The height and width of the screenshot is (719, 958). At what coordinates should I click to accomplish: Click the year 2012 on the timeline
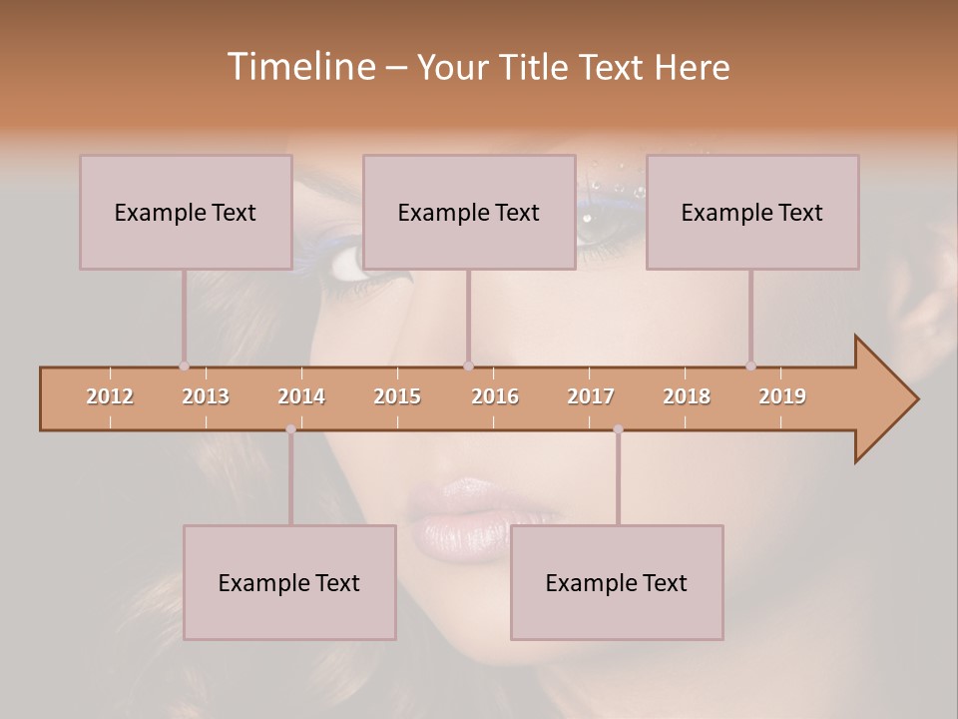tap(110, 396)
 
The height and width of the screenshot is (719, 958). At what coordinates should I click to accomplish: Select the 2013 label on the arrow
tap(206, 396)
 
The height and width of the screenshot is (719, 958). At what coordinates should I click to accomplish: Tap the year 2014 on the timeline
tap(301, 396)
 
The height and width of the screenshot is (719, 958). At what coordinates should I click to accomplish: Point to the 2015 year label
tap(397, 396)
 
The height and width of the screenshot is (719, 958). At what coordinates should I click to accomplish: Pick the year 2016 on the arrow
tap(495, 396)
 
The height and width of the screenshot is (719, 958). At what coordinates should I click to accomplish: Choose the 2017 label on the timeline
tap(591, 396)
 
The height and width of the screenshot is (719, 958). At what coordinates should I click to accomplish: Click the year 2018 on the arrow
tap(687, 396)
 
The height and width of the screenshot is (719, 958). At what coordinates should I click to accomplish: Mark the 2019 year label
tap(782, 396)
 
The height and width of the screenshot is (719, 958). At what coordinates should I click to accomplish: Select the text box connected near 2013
tap(186, 212)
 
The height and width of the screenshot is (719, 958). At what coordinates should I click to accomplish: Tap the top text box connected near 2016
tap(469, 212)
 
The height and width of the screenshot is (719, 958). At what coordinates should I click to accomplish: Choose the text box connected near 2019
tap(752, 212)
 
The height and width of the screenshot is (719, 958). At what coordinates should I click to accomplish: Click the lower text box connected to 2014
tap(289, 582)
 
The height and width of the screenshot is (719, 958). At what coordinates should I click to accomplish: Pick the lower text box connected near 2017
tap(617, 582)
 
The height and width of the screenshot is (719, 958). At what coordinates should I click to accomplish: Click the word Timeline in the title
tap(299, 66)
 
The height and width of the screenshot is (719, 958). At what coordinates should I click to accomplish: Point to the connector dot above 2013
tap(184, 366)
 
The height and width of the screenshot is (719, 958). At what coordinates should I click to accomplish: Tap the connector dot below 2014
tap(290, 429)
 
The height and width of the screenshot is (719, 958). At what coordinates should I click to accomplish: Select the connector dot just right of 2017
tap(618, 429)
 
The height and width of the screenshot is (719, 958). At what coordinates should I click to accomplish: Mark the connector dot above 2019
tap(750, 366)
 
